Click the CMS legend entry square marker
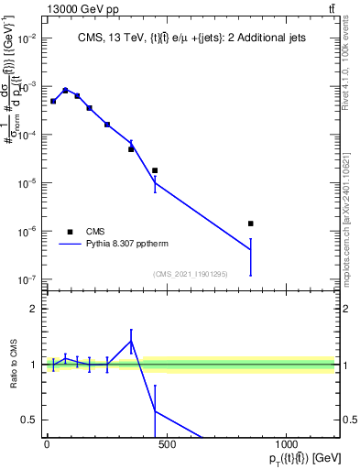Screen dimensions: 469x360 (x=70, y=232)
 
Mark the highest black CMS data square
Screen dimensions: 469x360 (x=65, y=90)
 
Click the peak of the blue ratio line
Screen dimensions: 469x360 (x=131, y=341)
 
